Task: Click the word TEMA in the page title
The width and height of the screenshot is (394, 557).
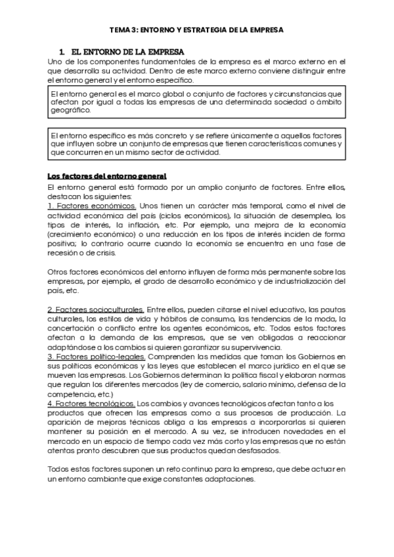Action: (x=119, y=30)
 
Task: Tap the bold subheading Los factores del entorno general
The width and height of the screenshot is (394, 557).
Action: (x=107, y=176)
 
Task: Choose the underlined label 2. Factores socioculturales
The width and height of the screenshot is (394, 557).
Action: (x=96, y=309)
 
